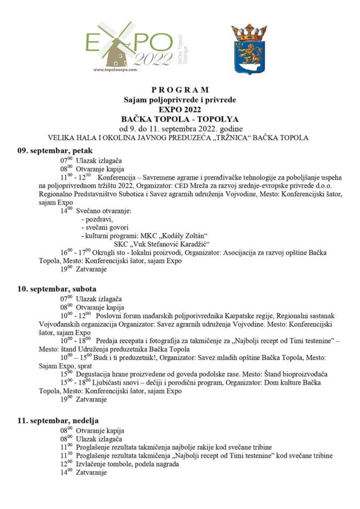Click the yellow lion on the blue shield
pyautogui.click(x=249, y=53)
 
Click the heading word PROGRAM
pyautogui.click(x=180, y=90)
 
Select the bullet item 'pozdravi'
pyautogui.click(x=98, y=219)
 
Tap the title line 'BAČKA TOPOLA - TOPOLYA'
pyautogui.click(x=180, y=119)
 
